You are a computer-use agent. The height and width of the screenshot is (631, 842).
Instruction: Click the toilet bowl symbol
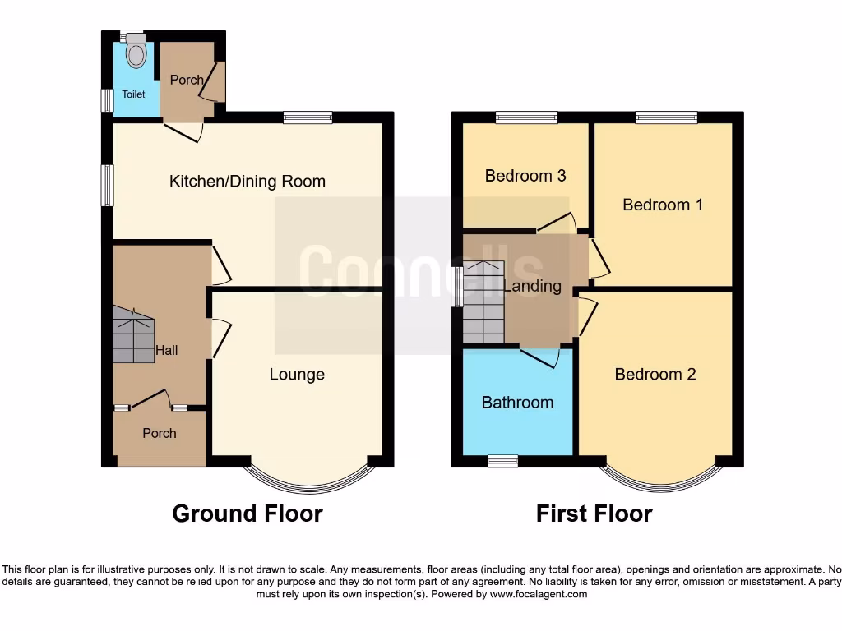[x=136, y=54]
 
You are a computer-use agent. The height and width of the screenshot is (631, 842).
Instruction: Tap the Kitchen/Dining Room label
[x=248, y=182]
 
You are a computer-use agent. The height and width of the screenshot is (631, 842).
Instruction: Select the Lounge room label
[x=297, y=375]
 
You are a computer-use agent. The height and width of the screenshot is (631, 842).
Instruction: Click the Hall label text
[x=167, y=351]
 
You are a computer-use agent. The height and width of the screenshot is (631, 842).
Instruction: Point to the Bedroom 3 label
[x=525, y=176]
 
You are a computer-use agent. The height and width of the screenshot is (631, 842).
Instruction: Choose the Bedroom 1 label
[x=663, y=205]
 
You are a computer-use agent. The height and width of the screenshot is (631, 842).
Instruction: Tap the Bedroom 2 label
[x=655, y=375]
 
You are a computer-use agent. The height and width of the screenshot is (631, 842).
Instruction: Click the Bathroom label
[x=517, y=403]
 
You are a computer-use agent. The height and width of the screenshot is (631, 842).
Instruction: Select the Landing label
[x=533, y=287]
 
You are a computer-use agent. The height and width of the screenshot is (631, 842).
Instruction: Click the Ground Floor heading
[x=248, y=514]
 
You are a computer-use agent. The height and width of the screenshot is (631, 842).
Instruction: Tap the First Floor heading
[x=594, y=514]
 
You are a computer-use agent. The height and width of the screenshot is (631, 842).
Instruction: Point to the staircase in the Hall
[x=133, y=335]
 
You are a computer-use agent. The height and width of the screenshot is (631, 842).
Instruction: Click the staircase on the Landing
[x=483, y=302]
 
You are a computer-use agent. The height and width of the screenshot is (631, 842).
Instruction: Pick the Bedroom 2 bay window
[x=663, y=481]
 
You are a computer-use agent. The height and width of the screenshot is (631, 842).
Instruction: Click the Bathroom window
[x=502, y=461]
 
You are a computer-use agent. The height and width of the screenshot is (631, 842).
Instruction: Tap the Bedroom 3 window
[x=526, y=117]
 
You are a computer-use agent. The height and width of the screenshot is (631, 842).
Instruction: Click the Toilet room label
[x=133, y=94]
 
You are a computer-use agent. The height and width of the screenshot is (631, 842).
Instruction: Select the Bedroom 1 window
[x=666, y=117]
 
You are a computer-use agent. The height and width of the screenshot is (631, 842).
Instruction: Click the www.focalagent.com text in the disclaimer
[x=539, y=594]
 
